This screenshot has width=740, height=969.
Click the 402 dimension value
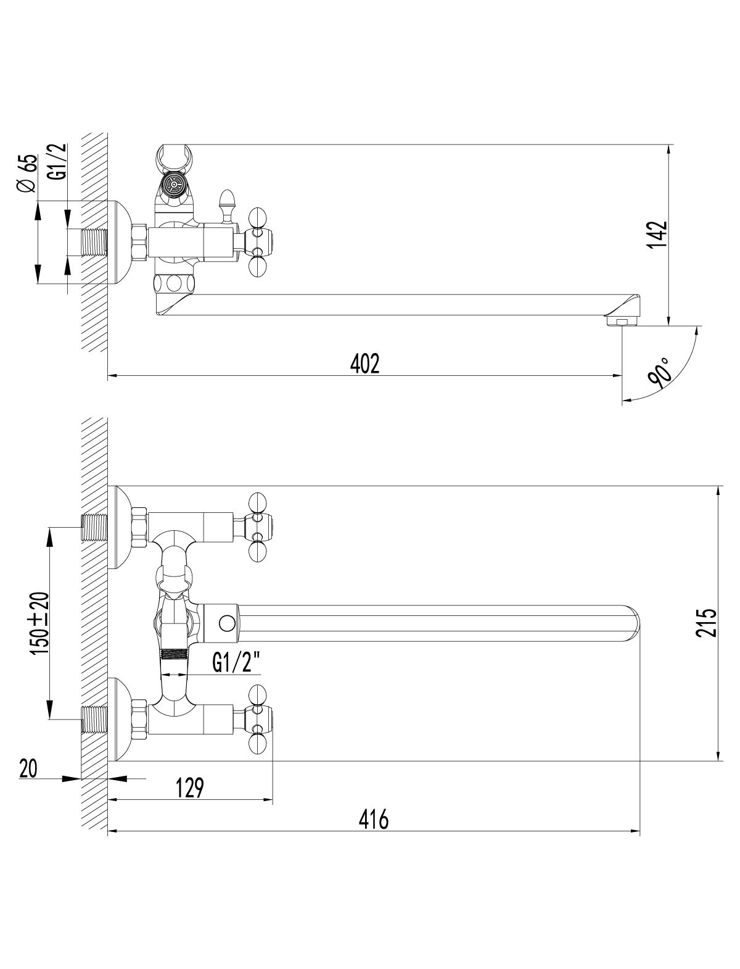click(x=364, y=364)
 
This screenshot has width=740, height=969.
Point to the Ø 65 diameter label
click(x=27, y=173)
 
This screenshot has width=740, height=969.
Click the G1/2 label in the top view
click(x=58, y=162)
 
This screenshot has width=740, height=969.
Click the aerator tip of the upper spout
click(x=622, y=321)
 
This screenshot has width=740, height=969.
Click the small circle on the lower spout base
click(x=227, y=623)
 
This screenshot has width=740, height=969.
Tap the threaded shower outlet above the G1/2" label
click(x=175, y=654)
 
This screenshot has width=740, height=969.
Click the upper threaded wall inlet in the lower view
click(x=95, y=528)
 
